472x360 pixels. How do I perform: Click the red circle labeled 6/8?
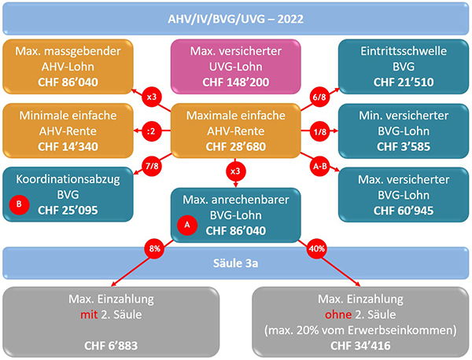click(x=319, y=97)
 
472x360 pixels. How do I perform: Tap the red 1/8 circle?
click(x=319, y=131)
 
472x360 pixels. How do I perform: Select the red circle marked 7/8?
click(x=152, y=166)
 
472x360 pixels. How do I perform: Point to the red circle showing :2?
click(x=151, y=131)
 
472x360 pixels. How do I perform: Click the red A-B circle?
click(x=319, y=166)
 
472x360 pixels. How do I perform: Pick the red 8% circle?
click(x=154, y=248)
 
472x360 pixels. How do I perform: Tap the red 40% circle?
click(x=317, y=248)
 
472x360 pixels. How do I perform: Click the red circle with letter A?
click(x=187, y=225)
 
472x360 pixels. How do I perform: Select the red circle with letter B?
click(x=19, y=204)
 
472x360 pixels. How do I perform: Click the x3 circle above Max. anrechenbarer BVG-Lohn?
click(x=235, y=171)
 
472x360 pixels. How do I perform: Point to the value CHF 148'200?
click(x=236, y=82)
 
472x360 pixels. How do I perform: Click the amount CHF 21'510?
click(x=404, y=82)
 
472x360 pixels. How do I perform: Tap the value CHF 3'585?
click(x=404, y=146)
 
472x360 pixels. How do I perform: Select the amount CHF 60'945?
click(x=404, y=211)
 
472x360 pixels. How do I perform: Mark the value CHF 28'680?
click(x=236, y=146)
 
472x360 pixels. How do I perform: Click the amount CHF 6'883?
click(x=111, y=346)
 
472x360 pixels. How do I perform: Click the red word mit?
click(x=89, y=314)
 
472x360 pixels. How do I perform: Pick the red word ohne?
click(x=338, y=314)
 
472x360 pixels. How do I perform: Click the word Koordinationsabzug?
click(x=68, y=179)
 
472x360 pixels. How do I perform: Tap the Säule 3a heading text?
click(x=236, y=263)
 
